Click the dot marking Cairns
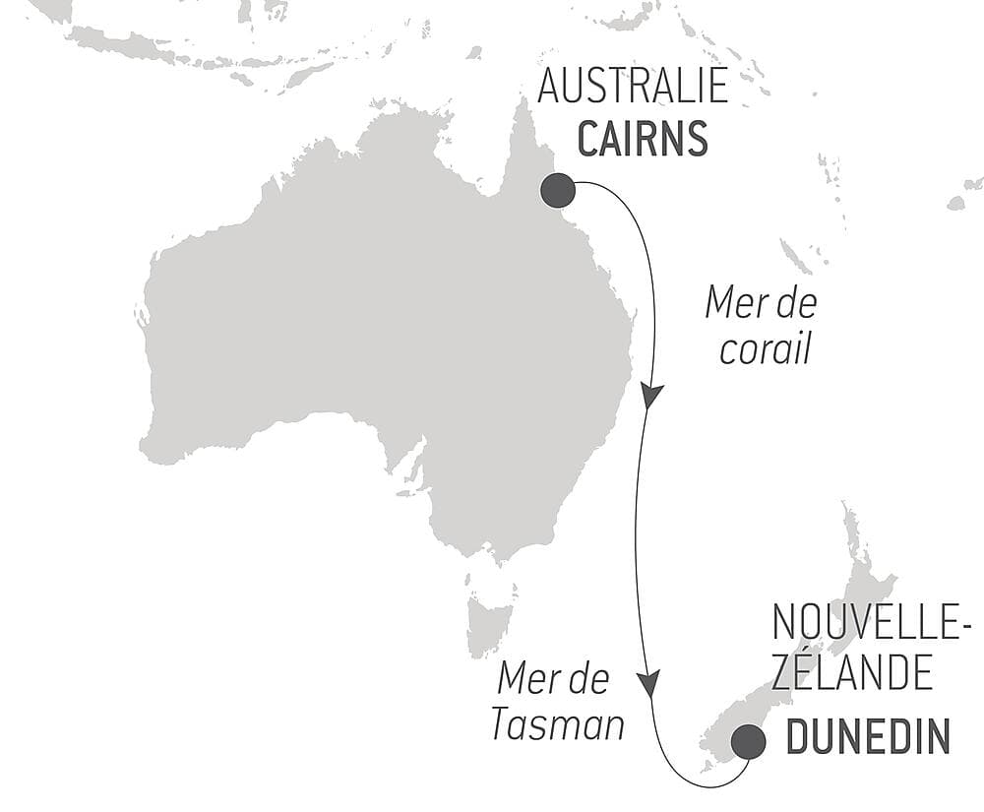[x=558, y=190]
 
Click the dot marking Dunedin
[x=748, y=742]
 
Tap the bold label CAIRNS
[x=642, y=139]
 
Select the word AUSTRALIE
[x=633, y=88]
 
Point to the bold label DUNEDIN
[x=869, y=737]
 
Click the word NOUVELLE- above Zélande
[x=872, y=622]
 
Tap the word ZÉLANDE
[x=852, y=674]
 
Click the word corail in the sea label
[x=765, y=350]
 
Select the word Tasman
[x=558, y=725]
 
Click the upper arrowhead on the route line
[x=650, y=396]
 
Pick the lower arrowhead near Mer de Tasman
[x=647, y=682]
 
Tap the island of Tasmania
[x=490, y=620]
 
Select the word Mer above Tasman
[x=526, y=678]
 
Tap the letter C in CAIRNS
[x=588, y=139]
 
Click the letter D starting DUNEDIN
[x=800, y=737]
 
